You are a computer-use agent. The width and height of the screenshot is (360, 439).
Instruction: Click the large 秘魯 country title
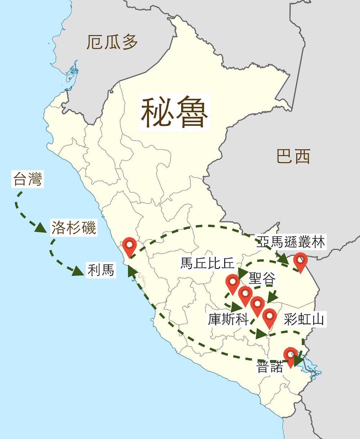[x=175, y=112]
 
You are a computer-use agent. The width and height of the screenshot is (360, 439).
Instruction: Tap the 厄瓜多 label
[x=112, y=42]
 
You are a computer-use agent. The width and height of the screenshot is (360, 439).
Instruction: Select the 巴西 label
[x=293, y=157]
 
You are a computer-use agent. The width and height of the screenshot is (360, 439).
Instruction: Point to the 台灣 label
[x=27, y=179]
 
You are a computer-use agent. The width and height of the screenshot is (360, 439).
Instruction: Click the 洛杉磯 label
[x=73, y=227]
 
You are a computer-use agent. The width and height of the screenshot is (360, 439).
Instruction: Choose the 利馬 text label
[x=101, y=270]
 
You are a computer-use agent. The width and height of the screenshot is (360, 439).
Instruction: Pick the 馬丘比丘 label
[x=208, y=263]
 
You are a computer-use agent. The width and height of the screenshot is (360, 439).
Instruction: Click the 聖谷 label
[x=262, y=278]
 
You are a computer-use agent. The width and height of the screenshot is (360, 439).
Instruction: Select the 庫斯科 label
[x=228, y=319]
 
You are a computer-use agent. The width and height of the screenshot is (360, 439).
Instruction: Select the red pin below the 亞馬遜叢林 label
[x=300, y=261]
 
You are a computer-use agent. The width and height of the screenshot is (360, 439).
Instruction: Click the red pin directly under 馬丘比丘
[x=233, y=282]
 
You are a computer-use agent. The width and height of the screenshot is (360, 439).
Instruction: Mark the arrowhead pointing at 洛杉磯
[x=41, y=228]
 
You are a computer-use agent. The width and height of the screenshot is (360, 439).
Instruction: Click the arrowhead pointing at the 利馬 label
[x=78, y=271]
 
